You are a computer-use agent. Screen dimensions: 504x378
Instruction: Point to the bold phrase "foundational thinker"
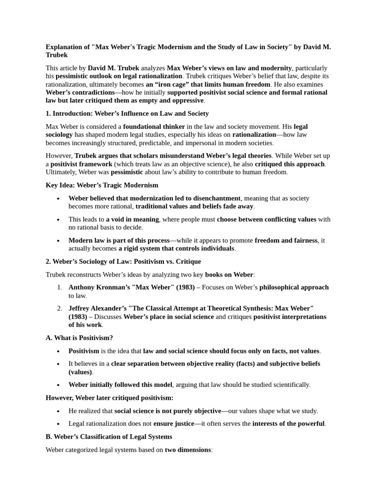tap(154, 126)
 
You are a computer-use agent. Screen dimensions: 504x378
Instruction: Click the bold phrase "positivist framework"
tap(81, 164)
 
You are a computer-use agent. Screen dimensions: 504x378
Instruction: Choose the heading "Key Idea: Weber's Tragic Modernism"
tap(102, 185)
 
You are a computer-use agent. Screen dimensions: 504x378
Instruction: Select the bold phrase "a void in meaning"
tap(132, 219)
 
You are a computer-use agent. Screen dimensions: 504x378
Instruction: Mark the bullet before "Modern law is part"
tap(58, 240)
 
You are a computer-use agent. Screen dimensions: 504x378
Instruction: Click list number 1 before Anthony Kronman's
tap(59, 287)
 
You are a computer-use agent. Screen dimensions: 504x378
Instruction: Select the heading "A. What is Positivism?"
tap(79, 338)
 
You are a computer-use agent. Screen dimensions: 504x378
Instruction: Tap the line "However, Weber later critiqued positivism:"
tap(109, 397)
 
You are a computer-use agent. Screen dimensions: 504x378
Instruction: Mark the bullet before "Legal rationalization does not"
tap(58, 423)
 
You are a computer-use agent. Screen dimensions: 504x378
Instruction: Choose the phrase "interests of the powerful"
tap(288, 423)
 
